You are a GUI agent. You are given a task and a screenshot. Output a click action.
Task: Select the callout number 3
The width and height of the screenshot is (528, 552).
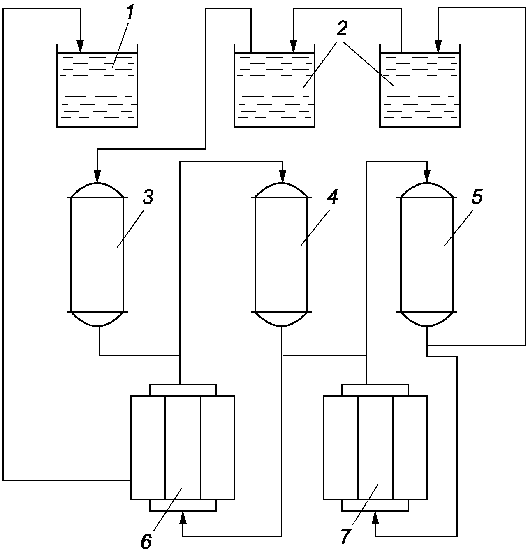pos(148,196)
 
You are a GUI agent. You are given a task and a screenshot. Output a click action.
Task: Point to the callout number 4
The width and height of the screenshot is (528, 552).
pos(332,196)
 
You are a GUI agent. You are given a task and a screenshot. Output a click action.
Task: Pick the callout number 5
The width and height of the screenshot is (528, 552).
pos(477,196)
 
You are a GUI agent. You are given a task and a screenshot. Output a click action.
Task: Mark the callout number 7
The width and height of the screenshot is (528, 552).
pos(346,535)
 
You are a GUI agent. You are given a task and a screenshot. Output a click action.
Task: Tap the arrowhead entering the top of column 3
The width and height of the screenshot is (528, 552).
pos(97,176)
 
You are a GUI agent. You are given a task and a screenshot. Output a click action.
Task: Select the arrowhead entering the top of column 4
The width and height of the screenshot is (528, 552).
pos(283,176)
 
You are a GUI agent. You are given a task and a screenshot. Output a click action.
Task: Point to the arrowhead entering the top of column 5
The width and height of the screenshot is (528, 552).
pos(427,176)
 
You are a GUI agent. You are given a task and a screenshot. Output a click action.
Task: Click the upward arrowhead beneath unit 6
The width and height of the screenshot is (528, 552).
pos(183,517)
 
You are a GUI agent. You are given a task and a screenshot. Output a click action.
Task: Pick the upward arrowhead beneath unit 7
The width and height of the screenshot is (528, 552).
pos(375,517)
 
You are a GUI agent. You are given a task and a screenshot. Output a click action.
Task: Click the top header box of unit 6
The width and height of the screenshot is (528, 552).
pos(183,390)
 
